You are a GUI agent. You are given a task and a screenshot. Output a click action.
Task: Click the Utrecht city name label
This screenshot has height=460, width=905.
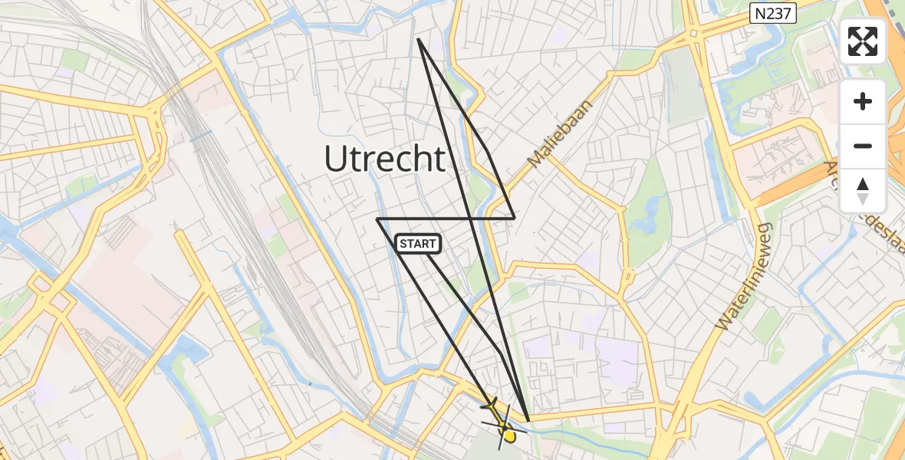[x=384, y=159]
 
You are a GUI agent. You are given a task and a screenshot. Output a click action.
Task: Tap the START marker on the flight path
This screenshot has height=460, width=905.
[x=418, y=244]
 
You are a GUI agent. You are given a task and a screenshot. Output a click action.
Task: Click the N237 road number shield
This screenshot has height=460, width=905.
[x=774, y=12]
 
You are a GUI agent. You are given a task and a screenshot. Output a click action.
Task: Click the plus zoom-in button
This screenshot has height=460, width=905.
[x=863, y=101]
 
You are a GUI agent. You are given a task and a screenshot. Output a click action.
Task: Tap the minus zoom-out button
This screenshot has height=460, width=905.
[x=863, y=146]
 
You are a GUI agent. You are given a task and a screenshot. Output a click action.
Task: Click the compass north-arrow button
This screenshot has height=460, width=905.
[x=863, y=190]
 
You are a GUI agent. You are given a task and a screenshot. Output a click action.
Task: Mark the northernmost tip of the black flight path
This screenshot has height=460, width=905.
[x=418, y=38]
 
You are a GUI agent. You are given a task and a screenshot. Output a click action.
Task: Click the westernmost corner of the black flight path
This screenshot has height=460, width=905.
[x=377, y=219]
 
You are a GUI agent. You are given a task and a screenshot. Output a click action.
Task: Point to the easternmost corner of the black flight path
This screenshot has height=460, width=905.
[x=515, y=219]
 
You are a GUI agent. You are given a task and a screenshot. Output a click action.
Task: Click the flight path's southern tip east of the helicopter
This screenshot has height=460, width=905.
[x=529, y=421]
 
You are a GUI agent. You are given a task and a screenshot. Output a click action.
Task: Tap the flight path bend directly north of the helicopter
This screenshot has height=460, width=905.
[x=502, y=354]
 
